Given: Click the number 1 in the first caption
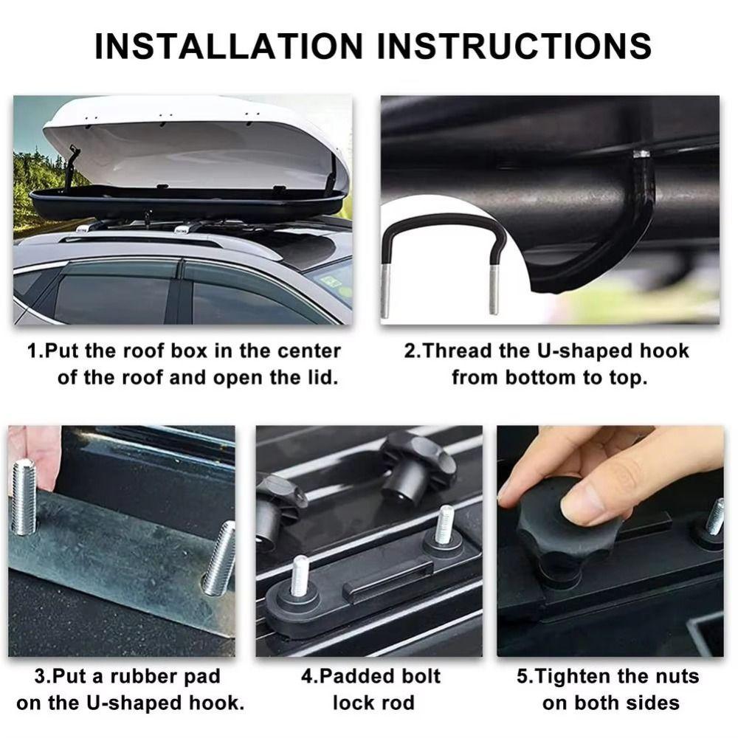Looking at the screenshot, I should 32,351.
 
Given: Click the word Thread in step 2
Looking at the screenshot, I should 463,351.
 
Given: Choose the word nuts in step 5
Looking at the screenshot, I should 672,676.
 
